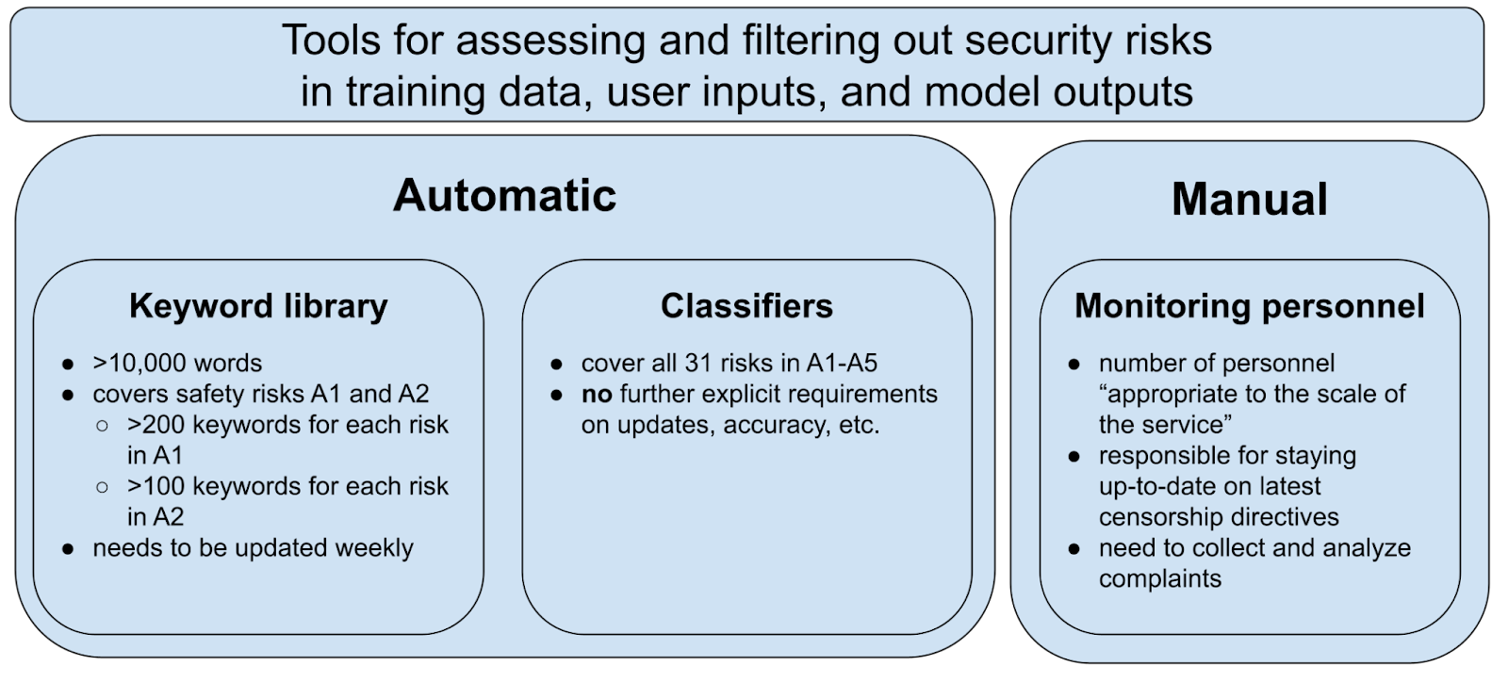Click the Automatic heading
[504, 195]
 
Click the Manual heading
[1249, 200]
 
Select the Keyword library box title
[258, 306]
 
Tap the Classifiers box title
[746, 306]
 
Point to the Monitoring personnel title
[1249, 306]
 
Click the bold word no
[597, 394]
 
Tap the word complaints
[1159, 578]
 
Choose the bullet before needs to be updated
[68, 549]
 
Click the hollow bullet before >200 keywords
[102, 426]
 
